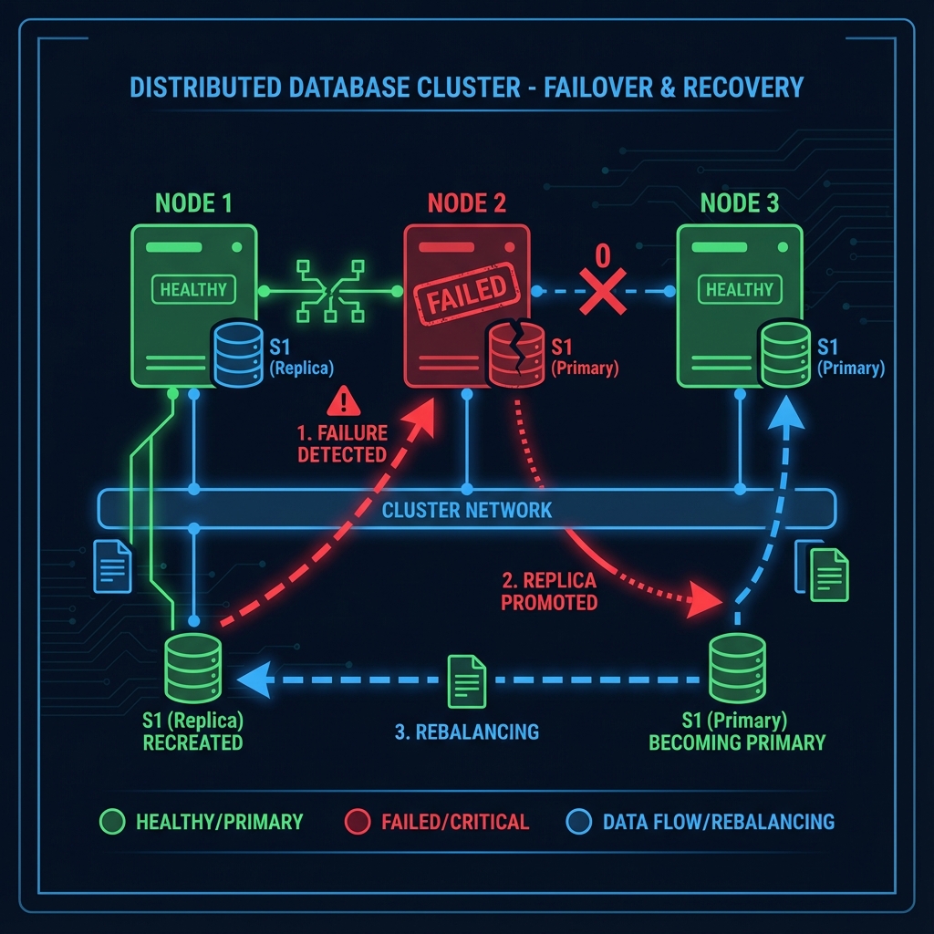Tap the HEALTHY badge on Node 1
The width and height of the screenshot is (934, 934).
pos(192,290)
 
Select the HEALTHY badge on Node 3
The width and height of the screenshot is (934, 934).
pos(739,290)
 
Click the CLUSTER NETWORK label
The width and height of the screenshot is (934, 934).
pos(466,509)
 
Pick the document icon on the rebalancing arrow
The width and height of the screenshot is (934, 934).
pos(466,680)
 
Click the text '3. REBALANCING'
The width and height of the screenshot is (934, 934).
pos(466,732)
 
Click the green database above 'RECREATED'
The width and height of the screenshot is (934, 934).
pos(193,669)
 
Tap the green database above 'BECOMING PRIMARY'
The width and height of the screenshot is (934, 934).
pos(737,669)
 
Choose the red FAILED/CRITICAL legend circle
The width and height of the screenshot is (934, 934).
pos(358,821)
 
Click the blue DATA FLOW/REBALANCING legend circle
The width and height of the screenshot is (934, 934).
pos(577,821)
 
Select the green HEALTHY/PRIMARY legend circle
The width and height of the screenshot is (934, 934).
pos(110,821)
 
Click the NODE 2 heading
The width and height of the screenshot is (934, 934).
pos(466,203)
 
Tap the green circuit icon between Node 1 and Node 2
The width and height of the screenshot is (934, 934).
pos(330,291)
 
